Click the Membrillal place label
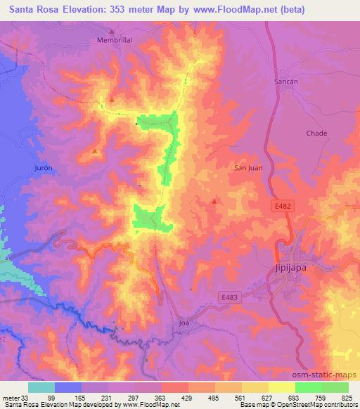click(x=114, y=40)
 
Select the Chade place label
click(x=317, y=133)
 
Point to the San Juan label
click(x=247, y=167)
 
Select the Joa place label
click(x=184, y=323)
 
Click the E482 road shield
click(x=282, y=204)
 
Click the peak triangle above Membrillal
click(x=112, y=30)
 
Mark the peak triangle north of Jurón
click(x=95, y=150)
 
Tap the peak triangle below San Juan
click(x=214, y=201)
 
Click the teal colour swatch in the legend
click(x=41, y=387)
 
